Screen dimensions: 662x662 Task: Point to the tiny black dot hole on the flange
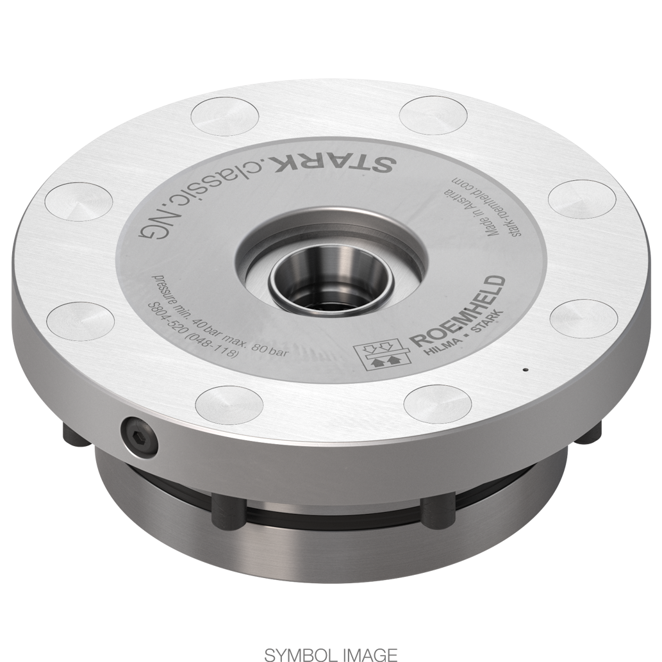point(525,369)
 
